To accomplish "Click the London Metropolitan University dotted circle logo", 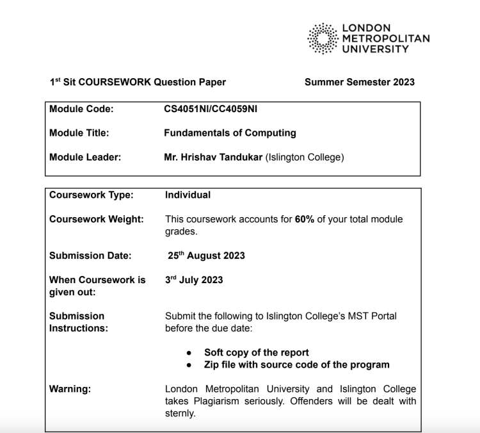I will coord(324,38).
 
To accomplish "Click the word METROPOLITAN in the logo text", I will coord(387,38).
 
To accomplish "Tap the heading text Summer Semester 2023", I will coord(359,82).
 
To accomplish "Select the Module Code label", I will coord(81,110).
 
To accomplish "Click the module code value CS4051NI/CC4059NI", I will coord(211,110).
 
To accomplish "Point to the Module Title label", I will coord(79,133).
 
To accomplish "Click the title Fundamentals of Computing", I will coord(230,133).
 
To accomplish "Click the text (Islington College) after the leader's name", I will coord(305,157).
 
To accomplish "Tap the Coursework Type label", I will coord(92,195).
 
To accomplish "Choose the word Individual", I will coord(188,195).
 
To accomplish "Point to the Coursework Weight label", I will coord(97,219).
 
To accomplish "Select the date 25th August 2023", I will coord(206,256).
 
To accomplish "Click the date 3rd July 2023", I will coord(194,280).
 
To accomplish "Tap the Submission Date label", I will coord(90,256).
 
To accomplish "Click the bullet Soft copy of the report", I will coord(256,352).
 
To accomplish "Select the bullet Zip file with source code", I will coord(296,364).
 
